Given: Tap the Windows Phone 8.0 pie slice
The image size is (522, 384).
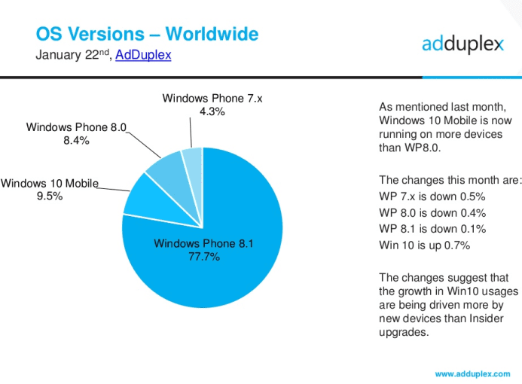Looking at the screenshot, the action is coord(173,176).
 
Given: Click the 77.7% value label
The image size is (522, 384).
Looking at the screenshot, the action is coord(204,257).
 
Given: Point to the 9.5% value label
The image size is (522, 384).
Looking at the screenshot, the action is coord(50,196).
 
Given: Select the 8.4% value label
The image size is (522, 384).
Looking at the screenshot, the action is coord(76,140).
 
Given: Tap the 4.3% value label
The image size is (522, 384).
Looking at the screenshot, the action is coord(212,111).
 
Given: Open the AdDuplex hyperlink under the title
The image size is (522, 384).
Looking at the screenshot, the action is coord(143,55).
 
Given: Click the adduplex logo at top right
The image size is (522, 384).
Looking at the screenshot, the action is coord(462,44).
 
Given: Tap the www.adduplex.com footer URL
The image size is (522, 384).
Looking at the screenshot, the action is coord(472,374).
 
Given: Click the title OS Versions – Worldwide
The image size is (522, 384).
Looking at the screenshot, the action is coord(147,34).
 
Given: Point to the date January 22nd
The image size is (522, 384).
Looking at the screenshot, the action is coord(72,55).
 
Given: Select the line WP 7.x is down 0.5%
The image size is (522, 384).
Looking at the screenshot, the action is coord(432,197).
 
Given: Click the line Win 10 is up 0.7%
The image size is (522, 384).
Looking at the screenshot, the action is coord(425,245).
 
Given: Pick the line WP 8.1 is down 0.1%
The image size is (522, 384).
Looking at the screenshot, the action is coord(432,229).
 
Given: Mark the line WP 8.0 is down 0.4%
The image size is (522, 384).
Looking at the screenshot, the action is coord(432,213).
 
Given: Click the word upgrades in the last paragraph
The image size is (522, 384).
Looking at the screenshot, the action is coord(404,332).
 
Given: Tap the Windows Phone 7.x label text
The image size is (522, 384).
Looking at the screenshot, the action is coord(212,99).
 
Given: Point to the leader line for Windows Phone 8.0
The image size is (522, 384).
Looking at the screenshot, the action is coord(144,145).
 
